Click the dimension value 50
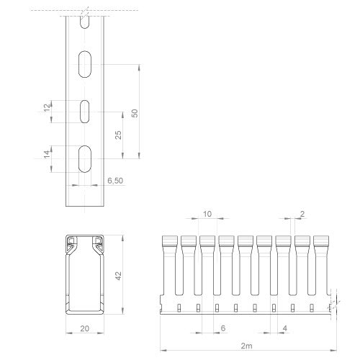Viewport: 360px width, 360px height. pyautogui.click(x=135, y=113)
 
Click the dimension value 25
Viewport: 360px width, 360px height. pyautogui.click(x=118, y=135)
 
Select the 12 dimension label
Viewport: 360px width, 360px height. pyautogui.click(x=48, y=107)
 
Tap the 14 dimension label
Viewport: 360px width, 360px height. pyautogui.click(x=48, y=154)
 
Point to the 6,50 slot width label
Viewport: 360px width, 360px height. pyautogui.click(x=115, y=181)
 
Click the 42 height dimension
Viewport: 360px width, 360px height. pyautogui.click(x=118, y=276)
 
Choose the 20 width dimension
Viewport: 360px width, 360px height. pyautogui.click(x=85, y=328)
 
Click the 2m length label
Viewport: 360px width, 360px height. pyautogui.click(x=247, y=346)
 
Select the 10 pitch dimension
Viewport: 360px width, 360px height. pyautogui.click(x=207, y=214)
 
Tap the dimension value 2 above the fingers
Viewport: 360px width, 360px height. pyautogui.click(x=302, y=214)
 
